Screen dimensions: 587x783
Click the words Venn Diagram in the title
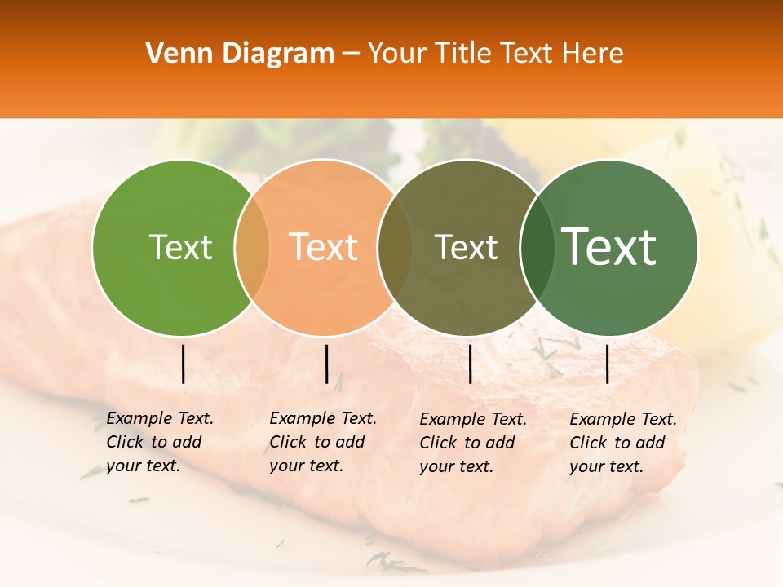[240, 54]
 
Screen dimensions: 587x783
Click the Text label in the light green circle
[180, 247]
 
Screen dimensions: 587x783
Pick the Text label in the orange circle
[324, 247]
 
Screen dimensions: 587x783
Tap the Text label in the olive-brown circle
[467, 247]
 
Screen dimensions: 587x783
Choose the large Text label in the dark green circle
[609, 247]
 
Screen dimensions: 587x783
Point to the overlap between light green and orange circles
[252, 247]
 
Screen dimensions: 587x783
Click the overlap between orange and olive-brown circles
[395, 247]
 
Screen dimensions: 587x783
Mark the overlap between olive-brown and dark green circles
[537, 247]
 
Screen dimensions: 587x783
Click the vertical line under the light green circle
[184, 364]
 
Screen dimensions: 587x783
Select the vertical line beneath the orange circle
[326, 364]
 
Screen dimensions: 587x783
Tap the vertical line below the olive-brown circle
[471, 364]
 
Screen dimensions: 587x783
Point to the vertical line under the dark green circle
[608, 364]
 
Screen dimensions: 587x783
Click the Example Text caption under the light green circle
[160, 442]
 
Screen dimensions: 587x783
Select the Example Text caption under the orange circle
[323, 442]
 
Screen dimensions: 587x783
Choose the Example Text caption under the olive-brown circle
[473, 443]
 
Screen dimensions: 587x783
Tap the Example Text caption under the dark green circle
[623, 443]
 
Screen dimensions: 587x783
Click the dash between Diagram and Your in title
[351, 54]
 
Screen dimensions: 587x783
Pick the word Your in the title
[396, 54]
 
